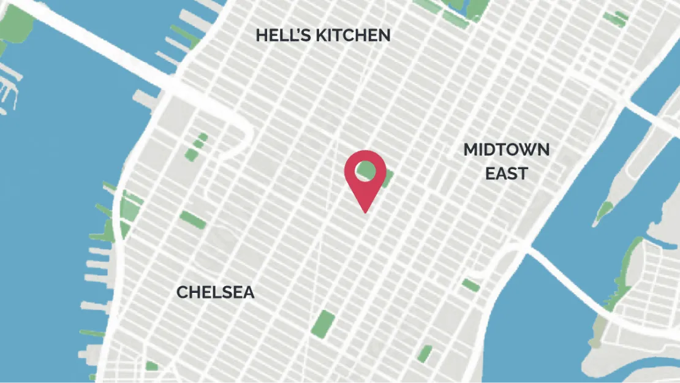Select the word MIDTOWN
(506, 150)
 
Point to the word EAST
(506, 173)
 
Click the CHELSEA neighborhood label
(215, 293)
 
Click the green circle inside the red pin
(366, 171)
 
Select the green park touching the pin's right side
(387, 178)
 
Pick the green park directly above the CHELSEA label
(193, 219)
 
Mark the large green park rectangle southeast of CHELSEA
(323, 324)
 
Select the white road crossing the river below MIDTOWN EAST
(570, 276)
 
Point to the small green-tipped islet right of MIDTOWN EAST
(603, 211)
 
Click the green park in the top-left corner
(15, 25)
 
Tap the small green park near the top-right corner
(614, 19)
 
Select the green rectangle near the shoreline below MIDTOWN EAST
(470, 285)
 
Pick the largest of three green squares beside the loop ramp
(191, 154)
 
